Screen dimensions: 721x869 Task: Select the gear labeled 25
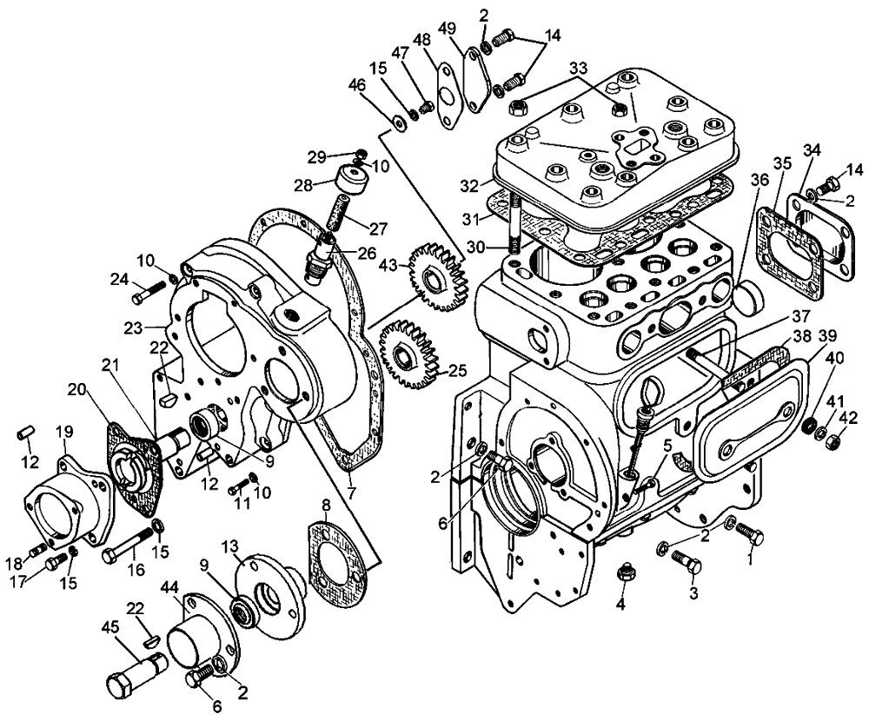tap(408, 354)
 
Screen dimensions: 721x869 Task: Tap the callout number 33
tap(579, 69)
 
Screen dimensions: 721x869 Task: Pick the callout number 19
tap(64, 431)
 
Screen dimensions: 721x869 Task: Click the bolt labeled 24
tap(149, 293)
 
